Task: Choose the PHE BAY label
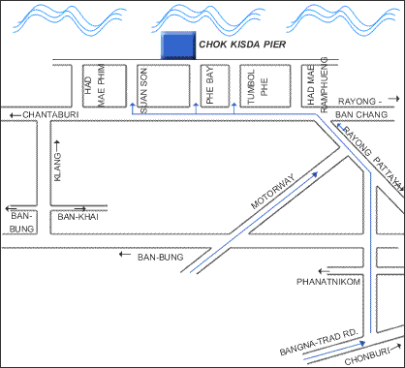click(211, 86)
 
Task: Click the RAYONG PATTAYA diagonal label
click(368, 154)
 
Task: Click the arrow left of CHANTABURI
click(13, 115)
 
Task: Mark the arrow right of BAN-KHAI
click(91, 207)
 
